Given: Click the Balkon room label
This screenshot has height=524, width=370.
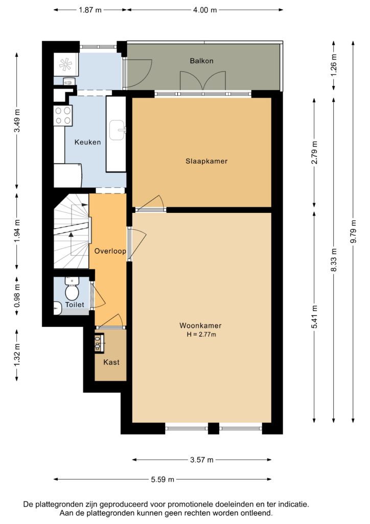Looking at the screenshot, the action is pos(201,61).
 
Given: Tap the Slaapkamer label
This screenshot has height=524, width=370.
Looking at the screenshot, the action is pos(206,161).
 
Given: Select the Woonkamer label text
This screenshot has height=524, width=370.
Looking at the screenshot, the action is pos(200,325).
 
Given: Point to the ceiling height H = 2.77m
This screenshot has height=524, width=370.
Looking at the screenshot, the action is pos(201,335).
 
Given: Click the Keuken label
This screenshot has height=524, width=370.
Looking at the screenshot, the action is pos(87,142).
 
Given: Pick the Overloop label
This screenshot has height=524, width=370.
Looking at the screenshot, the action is pos(110,251).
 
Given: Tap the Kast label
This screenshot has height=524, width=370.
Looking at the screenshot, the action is pos(111,362).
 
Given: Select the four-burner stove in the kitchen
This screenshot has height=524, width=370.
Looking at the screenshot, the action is pos(63,115).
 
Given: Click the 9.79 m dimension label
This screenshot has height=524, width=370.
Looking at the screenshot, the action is pos(354,232).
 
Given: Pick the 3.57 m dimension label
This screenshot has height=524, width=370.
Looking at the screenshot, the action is pos(202,460).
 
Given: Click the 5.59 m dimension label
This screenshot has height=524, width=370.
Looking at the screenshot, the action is pos(163,479).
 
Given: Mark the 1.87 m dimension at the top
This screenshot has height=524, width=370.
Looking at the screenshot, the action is pos(90,10).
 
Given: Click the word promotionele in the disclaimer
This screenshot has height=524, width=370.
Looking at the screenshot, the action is pos(191,504).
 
